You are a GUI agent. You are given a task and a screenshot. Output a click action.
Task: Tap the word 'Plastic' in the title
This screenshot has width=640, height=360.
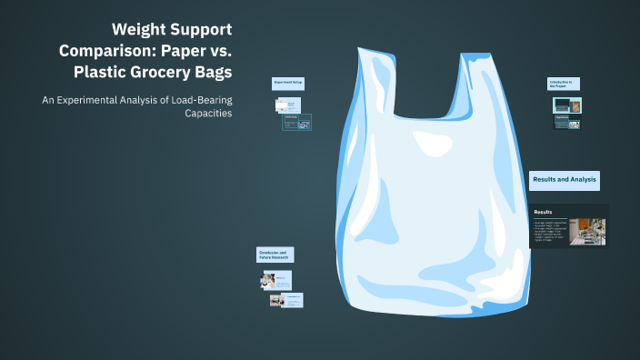(117, 72)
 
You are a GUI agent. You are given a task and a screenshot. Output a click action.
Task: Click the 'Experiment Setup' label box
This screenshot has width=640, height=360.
(287, 83)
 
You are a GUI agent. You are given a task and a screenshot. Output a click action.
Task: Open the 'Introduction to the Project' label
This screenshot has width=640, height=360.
(563, 84)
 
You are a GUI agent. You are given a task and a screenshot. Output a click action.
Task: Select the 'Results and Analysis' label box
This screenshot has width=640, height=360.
(564, 180)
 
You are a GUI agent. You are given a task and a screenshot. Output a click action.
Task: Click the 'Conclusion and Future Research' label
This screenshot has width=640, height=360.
(275, 255)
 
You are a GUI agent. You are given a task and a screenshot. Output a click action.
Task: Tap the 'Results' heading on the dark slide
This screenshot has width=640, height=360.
(545, 212)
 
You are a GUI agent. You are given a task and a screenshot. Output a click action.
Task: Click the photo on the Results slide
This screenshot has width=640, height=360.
(587, 231)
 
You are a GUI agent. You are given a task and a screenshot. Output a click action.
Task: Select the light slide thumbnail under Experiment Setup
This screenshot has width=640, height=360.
(287, 105)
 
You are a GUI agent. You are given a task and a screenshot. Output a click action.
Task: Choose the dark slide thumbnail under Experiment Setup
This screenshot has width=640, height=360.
(297, 121)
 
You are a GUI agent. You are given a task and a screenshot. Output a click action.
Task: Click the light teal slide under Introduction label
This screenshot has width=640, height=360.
(567, 105)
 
